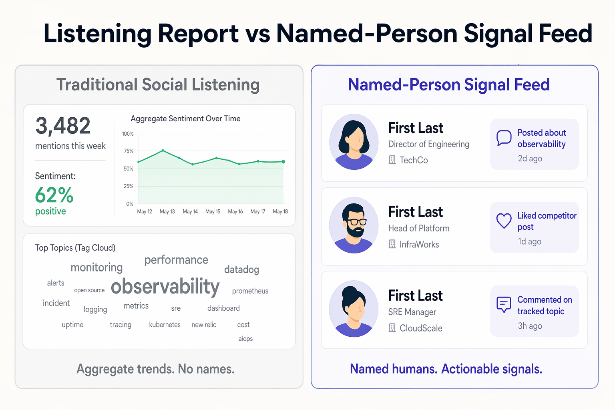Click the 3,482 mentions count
[63, 126]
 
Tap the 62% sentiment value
[54, 195]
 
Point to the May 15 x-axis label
[213, 211]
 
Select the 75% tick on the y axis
[129, 151]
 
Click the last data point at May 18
[283, 162]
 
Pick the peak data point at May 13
[163, 150]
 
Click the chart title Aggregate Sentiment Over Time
[185, 119]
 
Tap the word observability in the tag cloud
[165, 287]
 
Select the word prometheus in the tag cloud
[250, 291]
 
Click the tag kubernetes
[165, 325]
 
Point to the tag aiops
[245, 339]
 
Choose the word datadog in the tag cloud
[241, 269]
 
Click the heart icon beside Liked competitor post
[504, 221]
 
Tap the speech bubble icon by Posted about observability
[504, 138]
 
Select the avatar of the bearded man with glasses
[354, 225]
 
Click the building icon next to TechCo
[392, 160]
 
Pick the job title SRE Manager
[412, 312]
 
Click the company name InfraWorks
[419, 244]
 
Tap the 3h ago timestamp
[530, 326]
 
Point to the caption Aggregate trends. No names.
[155, 369]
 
